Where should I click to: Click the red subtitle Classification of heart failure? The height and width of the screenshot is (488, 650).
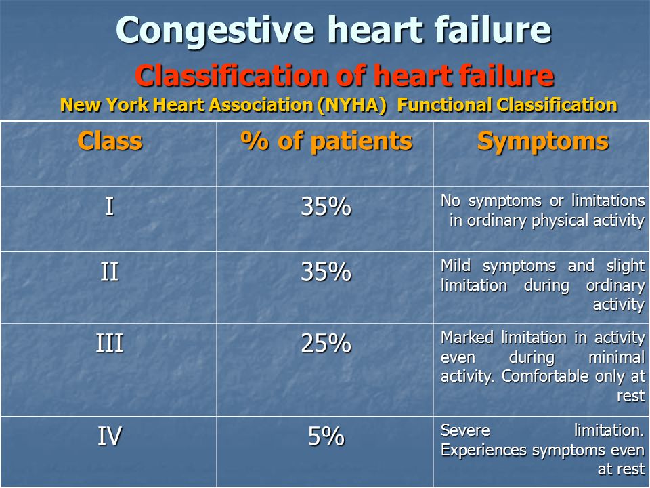345,75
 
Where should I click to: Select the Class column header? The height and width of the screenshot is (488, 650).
110,141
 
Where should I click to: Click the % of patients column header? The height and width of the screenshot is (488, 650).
326,141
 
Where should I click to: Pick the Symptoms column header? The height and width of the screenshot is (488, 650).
542,142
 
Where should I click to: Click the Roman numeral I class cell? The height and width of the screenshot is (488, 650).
109,206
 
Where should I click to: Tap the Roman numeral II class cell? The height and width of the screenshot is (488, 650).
110,272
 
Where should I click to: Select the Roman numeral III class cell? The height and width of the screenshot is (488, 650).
110,344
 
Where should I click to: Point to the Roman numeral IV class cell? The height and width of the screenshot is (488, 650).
110,436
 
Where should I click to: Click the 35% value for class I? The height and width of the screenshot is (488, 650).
326,206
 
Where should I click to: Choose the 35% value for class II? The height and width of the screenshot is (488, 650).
326,272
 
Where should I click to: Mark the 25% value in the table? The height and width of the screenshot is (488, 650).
326,344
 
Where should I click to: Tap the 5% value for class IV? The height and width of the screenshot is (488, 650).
326,436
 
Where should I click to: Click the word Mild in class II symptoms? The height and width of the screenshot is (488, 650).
456,266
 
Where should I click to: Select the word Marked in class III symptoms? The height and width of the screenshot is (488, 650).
467,338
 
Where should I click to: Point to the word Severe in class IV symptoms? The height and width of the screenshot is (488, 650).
466,430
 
